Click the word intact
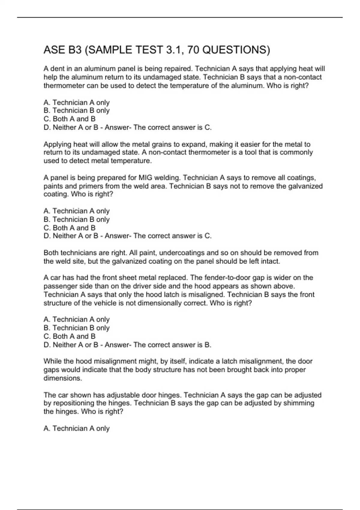pos(270,261)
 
